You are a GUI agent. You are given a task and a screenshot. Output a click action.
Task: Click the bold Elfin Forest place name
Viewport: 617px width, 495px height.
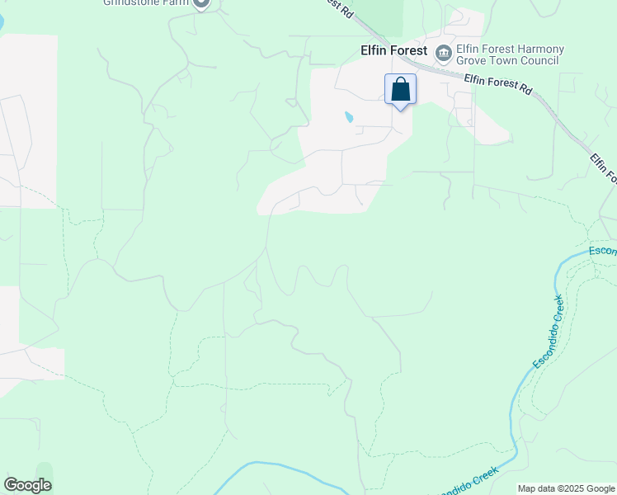point(393,50)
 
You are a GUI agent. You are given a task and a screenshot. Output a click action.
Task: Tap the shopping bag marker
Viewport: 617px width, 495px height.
point(400,89)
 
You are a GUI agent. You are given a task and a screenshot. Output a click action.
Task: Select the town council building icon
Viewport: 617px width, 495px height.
point(444,53)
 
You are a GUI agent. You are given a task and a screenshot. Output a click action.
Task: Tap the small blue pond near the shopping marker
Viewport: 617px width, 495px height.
point(349,117)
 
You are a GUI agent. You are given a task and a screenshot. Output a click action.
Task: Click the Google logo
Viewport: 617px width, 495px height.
point(27,485)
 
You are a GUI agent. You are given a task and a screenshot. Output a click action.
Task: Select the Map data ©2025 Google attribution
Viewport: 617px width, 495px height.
point(566,488)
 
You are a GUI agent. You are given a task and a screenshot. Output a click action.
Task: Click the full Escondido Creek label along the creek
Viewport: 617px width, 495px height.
point(547,332)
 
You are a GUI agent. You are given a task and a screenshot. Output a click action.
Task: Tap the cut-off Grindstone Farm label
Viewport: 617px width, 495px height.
point(144,2)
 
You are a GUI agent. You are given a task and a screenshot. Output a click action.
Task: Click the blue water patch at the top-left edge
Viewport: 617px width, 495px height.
point(2,18)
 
